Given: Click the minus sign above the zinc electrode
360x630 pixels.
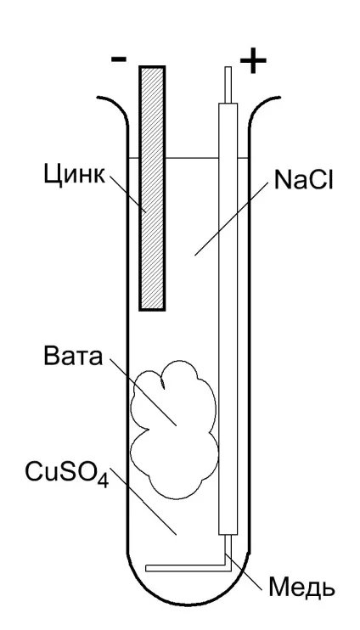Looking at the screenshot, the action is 119,59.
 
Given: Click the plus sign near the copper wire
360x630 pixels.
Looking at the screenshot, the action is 253,61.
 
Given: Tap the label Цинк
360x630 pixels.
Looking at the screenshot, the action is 75,174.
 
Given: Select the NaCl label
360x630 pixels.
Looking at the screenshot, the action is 304,180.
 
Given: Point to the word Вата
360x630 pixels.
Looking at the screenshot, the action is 73,356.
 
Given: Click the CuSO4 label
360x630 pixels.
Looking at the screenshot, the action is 67,473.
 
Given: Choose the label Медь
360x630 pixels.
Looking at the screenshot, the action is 301,588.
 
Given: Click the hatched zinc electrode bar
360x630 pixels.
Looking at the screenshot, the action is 152,188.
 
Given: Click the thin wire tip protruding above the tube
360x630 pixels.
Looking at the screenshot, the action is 228,84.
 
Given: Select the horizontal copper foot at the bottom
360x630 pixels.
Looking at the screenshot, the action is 186,568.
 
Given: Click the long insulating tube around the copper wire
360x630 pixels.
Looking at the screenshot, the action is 228,319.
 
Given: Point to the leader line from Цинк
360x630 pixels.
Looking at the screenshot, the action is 127,194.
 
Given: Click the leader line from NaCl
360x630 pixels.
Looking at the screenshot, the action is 231,217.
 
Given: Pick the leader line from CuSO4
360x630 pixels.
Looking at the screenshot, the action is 143,502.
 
